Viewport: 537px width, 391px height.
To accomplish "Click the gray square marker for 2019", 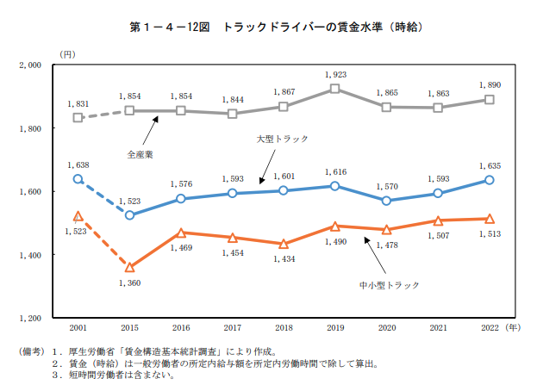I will tap(335, 88).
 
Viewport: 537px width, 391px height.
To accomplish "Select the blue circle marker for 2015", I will tap(129, 214).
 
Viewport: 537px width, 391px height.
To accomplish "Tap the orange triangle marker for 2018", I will tap(284, 244).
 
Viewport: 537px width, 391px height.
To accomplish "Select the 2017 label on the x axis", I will tap(232, 328).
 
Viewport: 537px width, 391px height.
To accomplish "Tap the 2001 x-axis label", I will tap(78, 328).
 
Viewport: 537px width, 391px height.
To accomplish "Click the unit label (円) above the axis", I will tap(67, 53).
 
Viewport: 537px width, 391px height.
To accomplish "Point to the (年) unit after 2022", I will tap(514, 328).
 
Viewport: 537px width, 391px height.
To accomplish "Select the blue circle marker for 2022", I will tap(490, 180).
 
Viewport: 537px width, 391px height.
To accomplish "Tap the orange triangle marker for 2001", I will tap(78, 216).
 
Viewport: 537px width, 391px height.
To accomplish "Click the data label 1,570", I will tap(388, 186).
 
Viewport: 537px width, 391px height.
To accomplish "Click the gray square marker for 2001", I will tap(78, 117).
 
